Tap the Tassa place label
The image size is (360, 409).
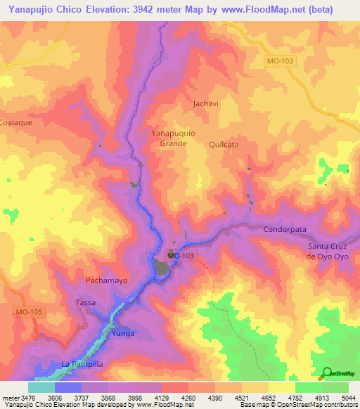(x=85, y=302)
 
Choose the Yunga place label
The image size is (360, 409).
(x=122, y=333)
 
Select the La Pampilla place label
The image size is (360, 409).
(x=82, y=364)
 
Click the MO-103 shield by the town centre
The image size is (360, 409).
(x=181, y=256)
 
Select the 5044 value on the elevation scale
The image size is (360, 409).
(x=339, y=398)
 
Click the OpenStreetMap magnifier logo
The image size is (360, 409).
(x=327, y=374)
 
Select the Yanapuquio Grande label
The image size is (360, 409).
(x=169, y=137)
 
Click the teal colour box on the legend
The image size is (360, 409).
(x=41, y=387)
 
